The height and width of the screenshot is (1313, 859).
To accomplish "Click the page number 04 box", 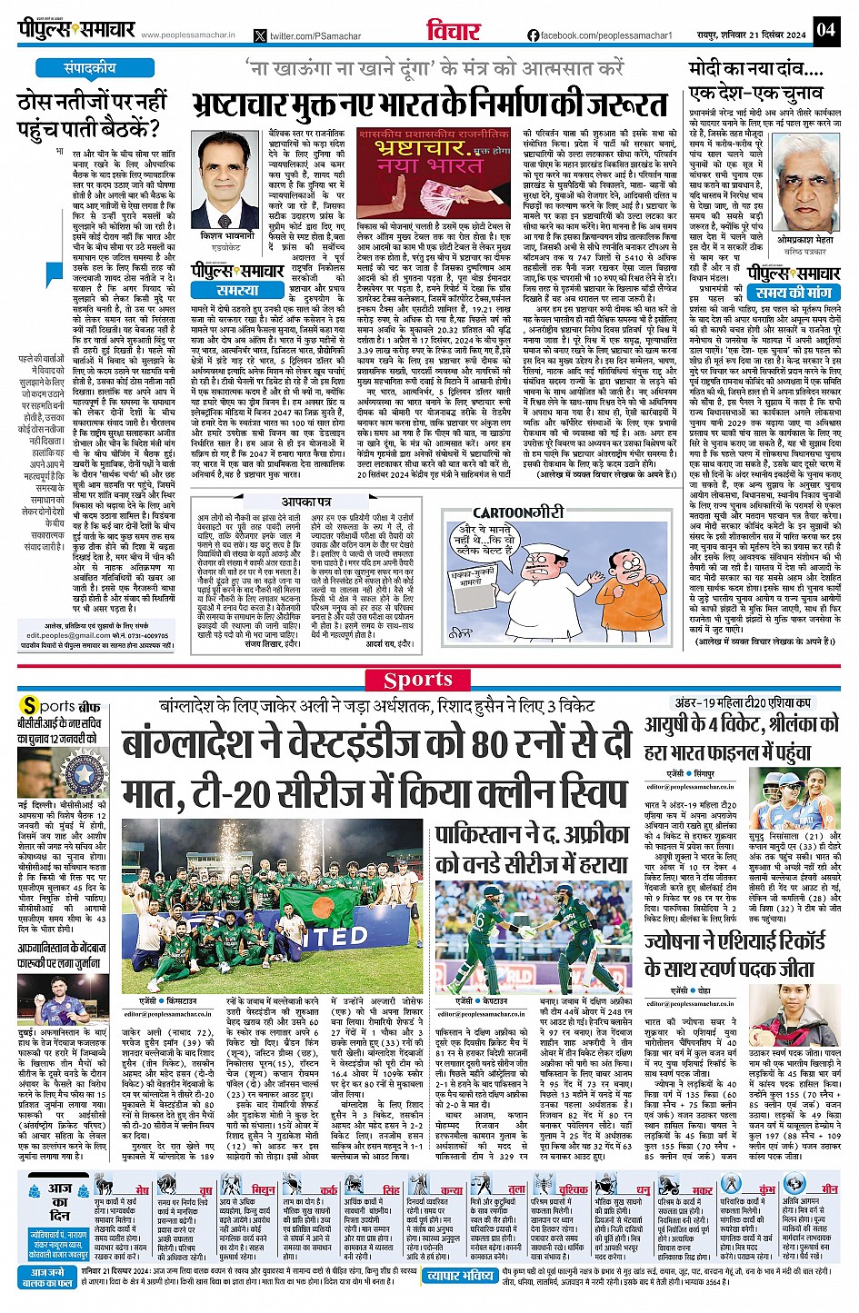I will [824, 29].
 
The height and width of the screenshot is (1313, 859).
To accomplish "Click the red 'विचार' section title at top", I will [453, 31].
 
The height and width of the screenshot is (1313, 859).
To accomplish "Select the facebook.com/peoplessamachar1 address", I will [599, 35].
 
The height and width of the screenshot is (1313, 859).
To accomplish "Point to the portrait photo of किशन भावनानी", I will [224, 179].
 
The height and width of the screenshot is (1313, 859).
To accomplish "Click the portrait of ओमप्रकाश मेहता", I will [804, 196].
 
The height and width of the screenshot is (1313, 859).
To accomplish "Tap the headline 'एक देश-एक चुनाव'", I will [744, 94].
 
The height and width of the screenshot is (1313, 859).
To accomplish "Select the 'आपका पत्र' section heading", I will [305, 502].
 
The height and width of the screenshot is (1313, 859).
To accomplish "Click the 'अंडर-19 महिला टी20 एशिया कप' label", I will [743, 703].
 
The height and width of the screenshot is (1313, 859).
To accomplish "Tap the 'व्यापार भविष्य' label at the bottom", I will [461, 1276].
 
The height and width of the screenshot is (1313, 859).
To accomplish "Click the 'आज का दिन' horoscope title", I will [60, 1201].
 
